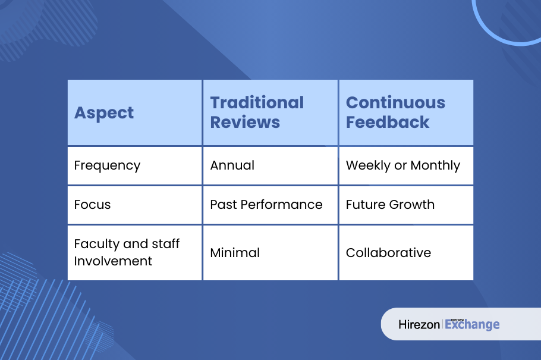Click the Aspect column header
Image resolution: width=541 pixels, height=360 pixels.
coord(104,113)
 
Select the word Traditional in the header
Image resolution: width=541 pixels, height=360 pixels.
coord(257,102)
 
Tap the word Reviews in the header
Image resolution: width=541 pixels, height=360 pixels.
coord(245,123)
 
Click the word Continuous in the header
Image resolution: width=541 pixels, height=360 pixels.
coord(395,102)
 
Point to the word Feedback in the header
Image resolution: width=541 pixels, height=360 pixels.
coord(388,123)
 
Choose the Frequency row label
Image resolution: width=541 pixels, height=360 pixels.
coord(107,166)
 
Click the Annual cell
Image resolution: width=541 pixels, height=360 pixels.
coord(232,165)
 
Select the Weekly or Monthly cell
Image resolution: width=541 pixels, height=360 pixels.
coord(403,166)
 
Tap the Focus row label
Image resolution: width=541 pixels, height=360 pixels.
coord(93,205)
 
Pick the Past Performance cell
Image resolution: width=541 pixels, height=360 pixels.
coord(266,205)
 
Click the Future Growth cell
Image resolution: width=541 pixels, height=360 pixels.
coord(390,205)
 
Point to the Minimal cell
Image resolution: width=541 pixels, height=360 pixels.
coord(235,253)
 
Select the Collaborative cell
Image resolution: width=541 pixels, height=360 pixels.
coord(388,253)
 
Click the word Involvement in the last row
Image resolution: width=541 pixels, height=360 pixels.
coord(113,261)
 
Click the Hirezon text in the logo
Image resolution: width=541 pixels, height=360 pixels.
coord(419,324)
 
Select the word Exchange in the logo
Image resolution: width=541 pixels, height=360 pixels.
coord(472,324)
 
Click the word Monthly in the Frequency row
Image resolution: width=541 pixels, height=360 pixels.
coord(435,166)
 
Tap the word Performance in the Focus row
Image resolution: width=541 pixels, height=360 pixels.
coord(282,205)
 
